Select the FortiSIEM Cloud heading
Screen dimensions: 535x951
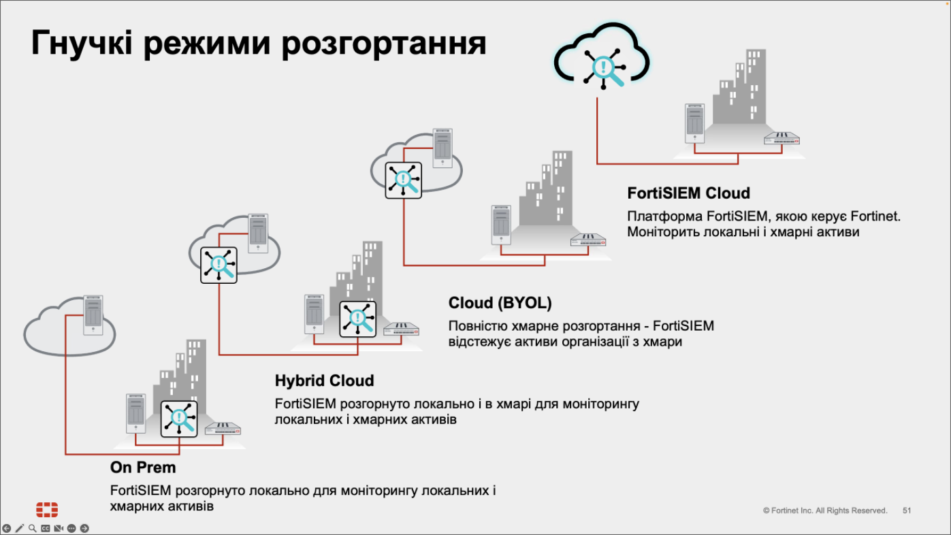688,193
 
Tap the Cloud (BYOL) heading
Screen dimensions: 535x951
500,303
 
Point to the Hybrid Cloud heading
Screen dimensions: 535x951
324,380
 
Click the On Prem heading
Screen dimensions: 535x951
143,468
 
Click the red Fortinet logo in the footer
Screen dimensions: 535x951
47,510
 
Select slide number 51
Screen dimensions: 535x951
907,510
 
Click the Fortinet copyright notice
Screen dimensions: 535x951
825,510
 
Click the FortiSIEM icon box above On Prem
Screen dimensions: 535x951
179,419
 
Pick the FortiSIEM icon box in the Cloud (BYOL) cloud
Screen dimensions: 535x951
403,180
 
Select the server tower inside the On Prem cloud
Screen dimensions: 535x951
93,314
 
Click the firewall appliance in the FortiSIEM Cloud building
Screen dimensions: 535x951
781,138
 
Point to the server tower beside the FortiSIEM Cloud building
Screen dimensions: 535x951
694,123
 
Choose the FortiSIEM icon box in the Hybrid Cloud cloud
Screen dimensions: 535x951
219,265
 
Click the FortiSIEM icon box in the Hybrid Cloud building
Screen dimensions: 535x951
357,319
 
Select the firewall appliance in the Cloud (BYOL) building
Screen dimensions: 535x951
588,240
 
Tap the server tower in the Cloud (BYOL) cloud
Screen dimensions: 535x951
442,146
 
